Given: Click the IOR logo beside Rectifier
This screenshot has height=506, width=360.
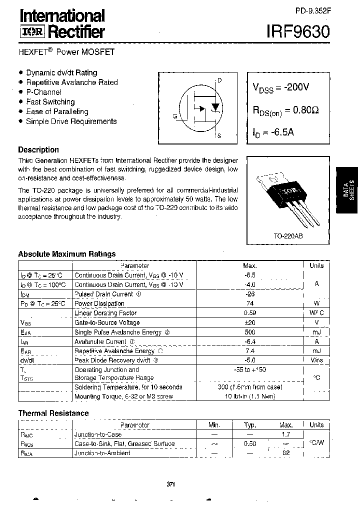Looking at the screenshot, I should click(x=32, y=32).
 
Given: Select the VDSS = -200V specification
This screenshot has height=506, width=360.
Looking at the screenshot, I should click(x=280, y=87).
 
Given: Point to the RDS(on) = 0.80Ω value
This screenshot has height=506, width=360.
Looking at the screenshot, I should click(x=285, y=111).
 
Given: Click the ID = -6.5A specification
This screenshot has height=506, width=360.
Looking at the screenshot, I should click(x=274, y=133).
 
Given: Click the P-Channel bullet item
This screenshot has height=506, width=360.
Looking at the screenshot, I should click(x=43, y=92).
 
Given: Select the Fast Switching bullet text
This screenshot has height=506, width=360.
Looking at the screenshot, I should click(x=50, y=101).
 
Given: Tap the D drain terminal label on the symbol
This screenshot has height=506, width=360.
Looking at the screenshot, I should click(x=219, y=80).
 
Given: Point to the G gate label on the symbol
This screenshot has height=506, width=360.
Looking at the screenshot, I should click(x=175, y=116).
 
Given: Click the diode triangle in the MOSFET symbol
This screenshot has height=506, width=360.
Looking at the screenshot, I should click(x=215, y=107).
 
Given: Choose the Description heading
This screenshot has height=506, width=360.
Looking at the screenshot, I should click(x=38, y=149).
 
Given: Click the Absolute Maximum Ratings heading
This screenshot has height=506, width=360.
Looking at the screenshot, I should click(x=66, y=254).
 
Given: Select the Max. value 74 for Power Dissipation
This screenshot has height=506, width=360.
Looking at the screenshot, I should click(x=250, y=303).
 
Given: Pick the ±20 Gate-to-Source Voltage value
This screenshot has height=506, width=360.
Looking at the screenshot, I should click(x=250, y=322).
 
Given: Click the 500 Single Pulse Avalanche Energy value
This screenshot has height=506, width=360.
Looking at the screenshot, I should click(x=250, y=332).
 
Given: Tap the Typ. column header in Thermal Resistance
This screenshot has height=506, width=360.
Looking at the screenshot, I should click(x=250, y=425).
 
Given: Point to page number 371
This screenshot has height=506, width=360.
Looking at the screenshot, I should click(x=170, y=484).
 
